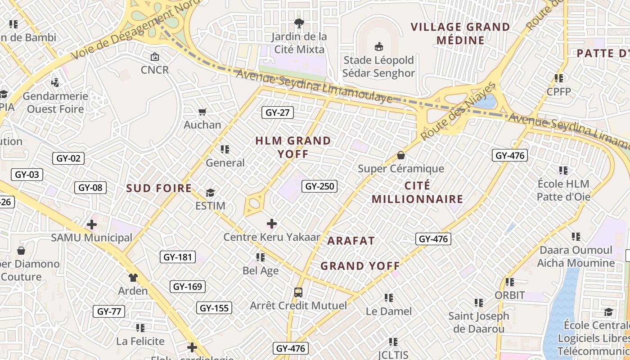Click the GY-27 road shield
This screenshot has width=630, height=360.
(x=278, y=112)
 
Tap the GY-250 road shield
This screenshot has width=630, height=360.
(x=319, y=186)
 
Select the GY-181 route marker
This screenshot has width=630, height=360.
(x=177, y=257)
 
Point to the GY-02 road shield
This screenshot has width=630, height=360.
(x=68, y=158)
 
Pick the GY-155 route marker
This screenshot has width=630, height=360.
(x=214, y=308)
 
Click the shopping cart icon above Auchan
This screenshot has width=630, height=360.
(x=202, y=112)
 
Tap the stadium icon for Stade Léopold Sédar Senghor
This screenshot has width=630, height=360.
(x=378, y=46)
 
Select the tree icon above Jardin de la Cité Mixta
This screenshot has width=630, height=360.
(x=299, y=23)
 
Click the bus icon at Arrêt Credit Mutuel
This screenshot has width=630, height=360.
(x=298, y=292)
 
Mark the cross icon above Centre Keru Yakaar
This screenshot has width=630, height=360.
(x=272, y=224)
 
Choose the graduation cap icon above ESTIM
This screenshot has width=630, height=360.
(x=210, y=193)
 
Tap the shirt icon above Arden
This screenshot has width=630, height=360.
(x=133, y=278)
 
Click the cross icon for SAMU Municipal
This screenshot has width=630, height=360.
(x=92, y=225)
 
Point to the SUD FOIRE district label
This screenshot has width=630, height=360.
(x=159, y=189)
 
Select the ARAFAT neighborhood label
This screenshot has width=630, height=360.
(x=351, y=241)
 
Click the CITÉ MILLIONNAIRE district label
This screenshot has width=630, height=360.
(x=417, y=192)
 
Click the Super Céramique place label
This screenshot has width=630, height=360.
(x=400, y=169)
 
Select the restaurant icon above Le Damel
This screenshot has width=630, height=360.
(x=389, y=298)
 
